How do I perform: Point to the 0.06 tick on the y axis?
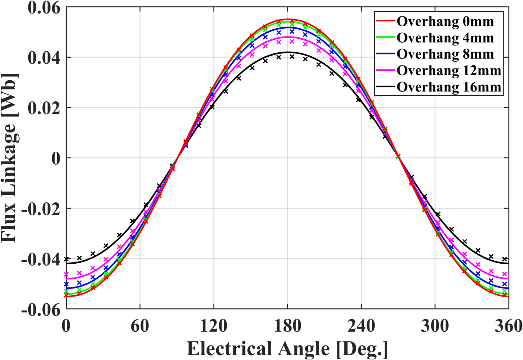(x=44, y=7)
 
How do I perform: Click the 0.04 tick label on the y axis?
(x=44, y=58)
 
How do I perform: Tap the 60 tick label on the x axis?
(x=140, y=326)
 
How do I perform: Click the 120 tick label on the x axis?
(x=214, y=326)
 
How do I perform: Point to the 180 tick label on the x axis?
(x=287, y=326)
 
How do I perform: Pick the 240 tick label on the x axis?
(x=361, y=326)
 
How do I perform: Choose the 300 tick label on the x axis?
(x=435, y=326)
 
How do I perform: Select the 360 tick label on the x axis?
(x=508, y=326)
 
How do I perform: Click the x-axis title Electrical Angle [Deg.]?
(x=287, y=349)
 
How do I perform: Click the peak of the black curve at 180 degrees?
(x=288, y=52)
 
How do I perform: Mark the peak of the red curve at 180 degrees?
(x=288, y=19)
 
